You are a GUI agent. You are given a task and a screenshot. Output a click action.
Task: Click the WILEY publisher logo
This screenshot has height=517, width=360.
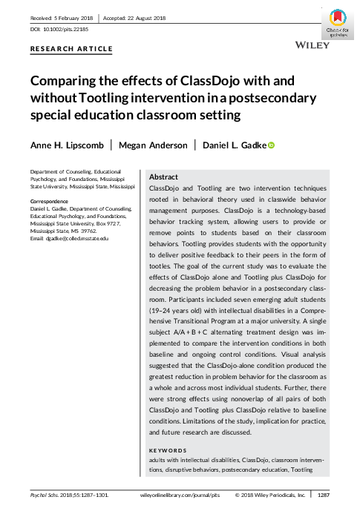pyautogui.click(x=306, y=45)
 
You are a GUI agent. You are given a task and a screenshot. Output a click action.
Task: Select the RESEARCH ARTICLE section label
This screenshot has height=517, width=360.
pyautogui.click(x=71, y=49)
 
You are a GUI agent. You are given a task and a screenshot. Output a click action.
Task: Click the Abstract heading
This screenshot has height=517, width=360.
pyautogui.click(x=163, y=178)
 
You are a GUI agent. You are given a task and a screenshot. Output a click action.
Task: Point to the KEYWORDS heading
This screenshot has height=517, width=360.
pyautogui.click(x=168, y=451)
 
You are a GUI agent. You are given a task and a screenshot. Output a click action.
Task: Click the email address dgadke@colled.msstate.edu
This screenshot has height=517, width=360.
pyautogui.click(x=69, y=238)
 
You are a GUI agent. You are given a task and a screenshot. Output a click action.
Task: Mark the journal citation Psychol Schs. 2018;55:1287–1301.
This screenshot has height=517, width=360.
pyautogui.click(x=69, y=495)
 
